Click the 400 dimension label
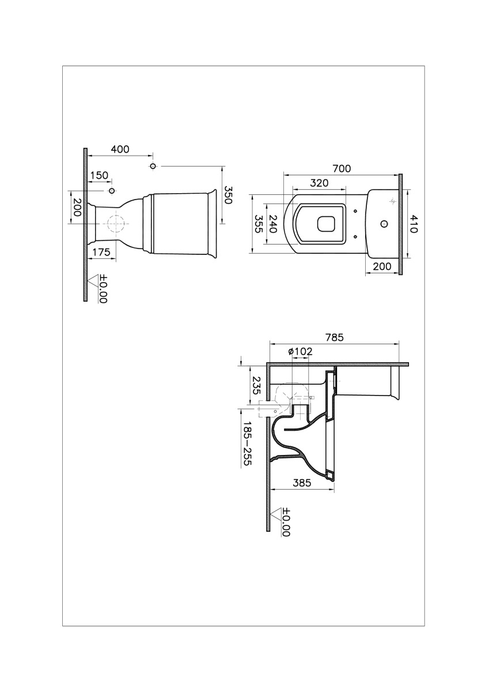[x=120, y=149]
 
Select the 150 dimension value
[x=98, y=175]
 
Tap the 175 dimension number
[x=100, y=252]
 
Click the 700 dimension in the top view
[x=341, y=169]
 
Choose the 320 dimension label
[x=319, y=183]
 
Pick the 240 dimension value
[x=274, y=224]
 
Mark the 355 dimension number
[x=259, y=224]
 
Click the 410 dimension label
[x=413, y=224]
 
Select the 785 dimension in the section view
[x=333, y=338]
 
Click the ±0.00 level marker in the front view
[x=103, y=289]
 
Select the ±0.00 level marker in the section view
[x=286, y=522]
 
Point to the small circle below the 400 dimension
[x=153, y=167]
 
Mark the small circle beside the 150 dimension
[x=112, y=191]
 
